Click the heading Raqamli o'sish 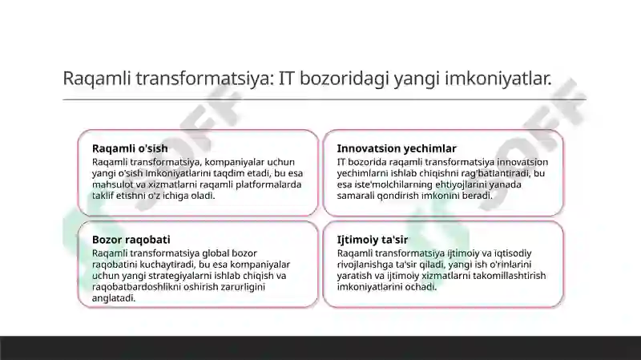point(130,148)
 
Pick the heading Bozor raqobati point(131,240)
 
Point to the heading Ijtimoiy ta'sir point(373,240)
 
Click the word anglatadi point(114,297)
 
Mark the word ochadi point(421,286)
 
